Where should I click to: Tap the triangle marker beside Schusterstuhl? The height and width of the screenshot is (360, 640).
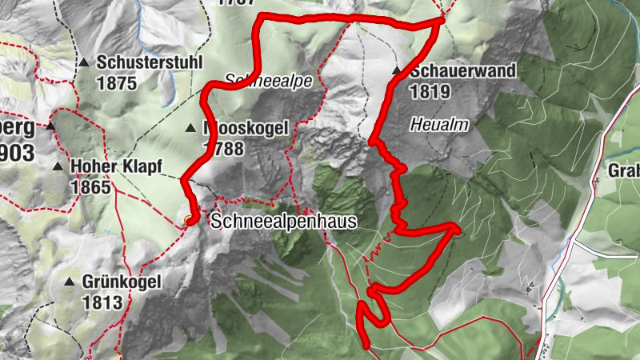[x=83, y=62]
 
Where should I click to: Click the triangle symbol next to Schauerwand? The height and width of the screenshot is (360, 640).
[x=397, y=71]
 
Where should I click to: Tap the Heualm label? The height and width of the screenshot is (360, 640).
[x=438, y=125]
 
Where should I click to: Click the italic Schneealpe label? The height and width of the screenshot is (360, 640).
[x=258, y=81]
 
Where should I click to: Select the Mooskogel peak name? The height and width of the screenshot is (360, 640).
[x=246, y=128]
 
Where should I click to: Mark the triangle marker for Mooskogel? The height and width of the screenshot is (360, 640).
[x=190, y=128]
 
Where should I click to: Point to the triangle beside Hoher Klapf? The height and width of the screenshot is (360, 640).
[x=58, y=167]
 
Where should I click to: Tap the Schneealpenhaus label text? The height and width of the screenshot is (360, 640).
[x=282, y=222]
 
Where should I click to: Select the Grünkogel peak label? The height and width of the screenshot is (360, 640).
[x=122, y=282]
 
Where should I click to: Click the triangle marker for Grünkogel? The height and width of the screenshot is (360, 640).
[x=70, y=282]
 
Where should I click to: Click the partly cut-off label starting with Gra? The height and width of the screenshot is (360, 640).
[x=624, y=170]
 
